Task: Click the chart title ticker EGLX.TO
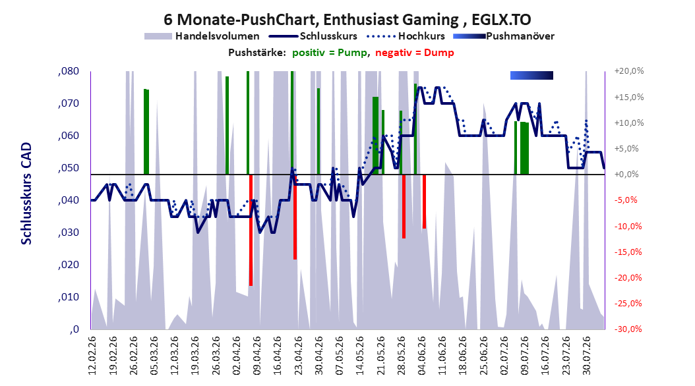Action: point(501,20)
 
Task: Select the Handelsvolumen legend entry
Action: point(202,36)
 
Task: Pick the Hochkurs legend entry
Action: point(406,36)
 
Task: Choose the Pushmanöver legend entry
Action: point(504,36)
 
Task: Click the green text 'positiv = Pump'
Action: point(330,53)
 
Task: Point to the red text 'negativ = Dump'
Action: point(415,53)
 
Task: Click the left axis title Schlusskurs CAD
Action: point(26,194)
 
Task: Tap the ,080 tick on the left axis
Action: point(69,71)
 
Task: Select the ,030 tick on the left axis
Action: point(69,233)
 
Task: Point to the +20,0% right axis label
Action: point(629,71)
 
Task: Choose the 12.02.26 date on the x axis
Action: point(92,356)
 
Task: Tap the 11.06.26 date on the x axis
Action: point(442,356)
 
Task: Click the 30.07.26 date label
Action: point(586,356)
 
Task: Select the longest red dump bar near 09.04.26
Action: point(251,230)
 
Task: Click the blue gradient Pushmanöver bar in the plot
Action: point(532,75)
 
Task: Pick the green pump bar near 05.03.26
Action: point(146,132)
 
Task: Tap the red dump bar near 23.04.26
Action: point(295,217)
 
